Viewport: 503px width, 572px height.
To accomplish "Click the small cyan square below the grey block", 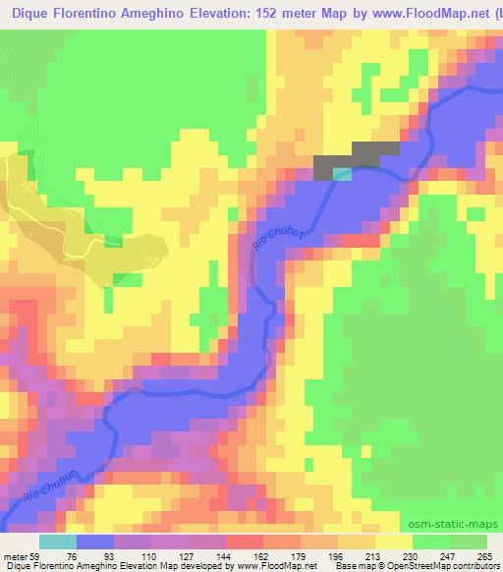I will pyautogui.click(x=341, y=174).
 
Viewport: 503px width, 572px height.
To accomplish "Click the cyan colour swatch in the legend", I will pyautogui.click(x=59, y=542).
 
